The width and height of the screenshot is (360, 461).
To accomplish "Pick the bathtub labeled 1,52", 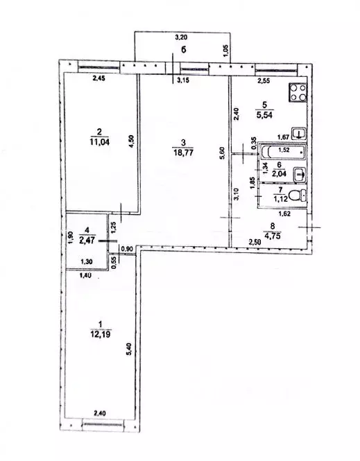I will (283, 150).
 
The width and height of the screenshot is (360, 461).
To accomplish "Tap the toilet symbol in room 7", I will (298, 195).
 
